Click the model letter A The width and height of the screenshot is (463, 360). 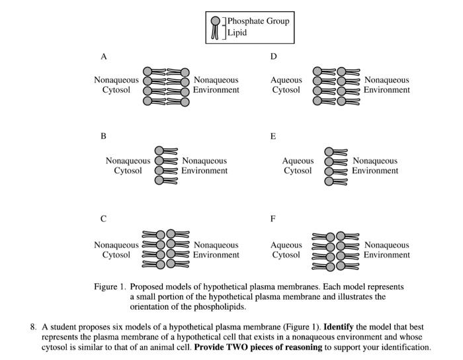[x=104, y=56]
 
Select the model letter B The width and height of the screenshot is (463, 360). [x=103, y=136]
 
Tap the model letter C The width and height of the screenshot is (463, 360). [x=103, y=219]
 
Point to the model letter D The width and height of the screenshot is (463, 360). [x=273, y=56]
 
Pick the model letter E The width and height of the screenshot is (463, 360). [x=273, y=136]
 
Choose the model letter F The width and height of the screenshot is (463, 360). [x=273, y=219]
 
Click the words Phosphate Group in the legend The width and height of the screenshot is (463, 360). [x=259, y=21]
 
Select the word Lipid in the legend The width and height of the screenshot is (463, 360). [x=237, y=32]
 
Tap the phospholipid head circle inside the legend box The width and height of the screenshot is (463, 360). [x=216, y=21]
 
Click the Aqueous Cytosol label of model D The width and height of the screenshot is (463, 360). [x=286, y=85]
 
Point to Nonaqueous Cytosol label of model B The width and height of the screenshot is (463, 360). [x=128, y=165]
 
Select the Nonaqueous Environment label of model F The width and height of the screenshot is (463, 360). [x=387, y=250]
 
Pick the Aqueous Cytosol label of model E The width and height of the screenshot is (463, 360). [x=298, y=165]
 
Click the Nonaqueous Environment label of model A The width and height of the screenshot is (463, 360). [x=216, y=85]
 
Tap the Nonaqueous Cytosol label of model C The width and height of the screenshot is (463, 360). [x=116, y=250]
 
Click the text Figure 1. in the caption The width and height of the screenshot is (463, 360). [x=110, y=287]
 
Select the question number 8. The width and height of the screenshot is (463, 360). [x=33, y=327]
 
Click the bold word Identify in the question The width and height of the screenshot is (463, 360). [x=339, y=327]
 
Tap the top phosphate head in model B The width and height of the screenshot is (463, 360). [x=159, y=151]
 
